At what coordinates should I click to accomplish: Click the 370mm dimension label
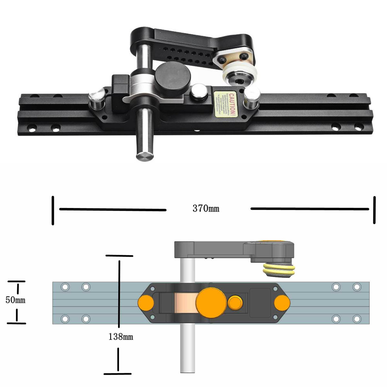pyautogui.click(x=206, y=209)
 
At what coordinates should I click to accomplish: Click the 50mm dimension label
pyautogui.click(x=15, y=300)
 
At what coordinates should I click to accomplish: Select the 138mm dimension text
pyautogui.click(x=121, y=337)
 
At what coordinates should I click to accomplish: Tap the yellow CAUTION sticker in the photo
pyautogui.click(x=225, y=103)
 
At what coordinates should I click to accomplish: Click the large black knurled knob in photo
pyautogui.click(x=173, y=78)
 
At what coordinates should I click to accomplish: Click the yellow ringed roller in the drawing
pyautogui.click(x=279, y=270)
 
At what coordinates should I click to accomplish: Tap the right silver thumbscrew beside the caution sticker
pyautogui.click(x=252, y=95)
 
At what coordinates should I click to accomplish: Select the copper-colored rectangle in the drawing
pyautogui.click(x=185, y=303)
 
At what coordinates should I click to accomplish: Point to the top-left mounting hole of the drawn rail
pyautogui.click(x=65, y=287)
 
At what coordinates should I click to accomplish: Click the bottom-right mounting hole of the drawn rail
pyautogui.click(x=357, y=319)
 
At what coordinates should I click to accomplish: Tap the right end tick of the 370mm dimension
pyautogui.click(x=374, y=210)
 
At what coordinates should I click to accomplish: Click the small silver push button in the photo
pyautogui.click(x=199, y=93)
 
